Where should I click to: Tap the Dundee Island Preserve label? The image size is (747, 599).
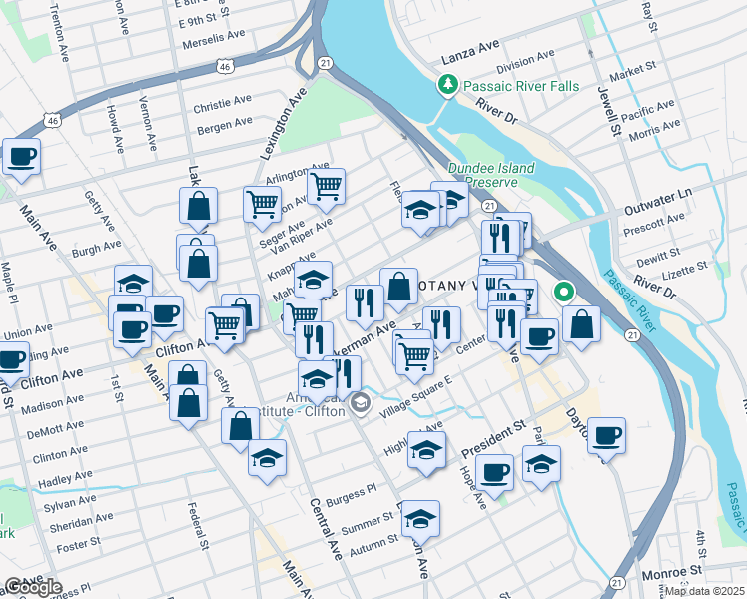(x=490, y=176)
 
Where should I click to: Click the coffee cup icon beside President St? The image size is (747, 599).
(x=494, y=471)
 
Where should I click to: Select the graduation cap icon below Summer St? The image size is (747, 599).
(x=421, y=518)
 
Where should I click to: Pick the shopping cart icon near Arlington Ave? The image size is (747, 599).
(x=326, y=185)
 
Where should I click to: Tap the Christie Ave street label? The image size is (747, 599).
(x=222, y=103)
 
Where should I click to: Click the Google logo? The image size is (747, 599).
(x=32, y=587)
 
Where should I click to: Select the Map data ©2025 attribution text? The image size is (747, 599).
(x=703, y=591)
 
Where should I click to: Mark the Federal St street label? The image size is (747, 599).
(x=196, y=525)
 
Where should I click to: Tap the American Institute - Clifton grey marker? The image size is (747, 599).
(x=362, y=405)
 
